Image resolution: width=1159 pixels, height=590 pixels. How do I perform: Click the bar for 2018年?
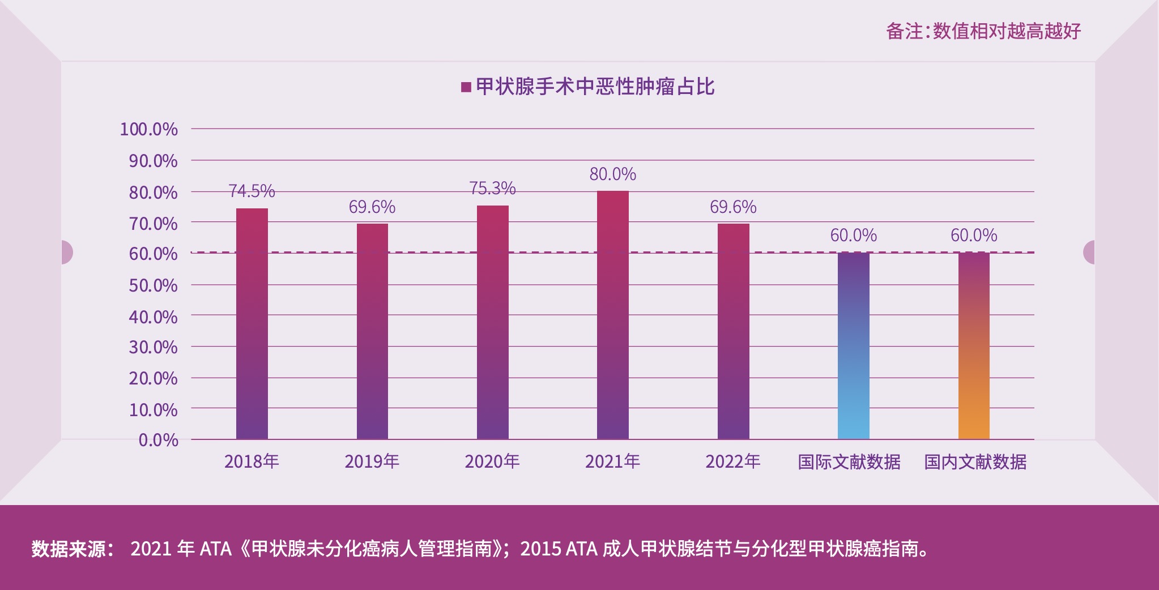pyautogui.click(x=252, y=323)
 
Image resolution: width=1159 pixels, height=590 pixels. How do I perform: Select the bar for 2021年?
pyautogui.click(x=613, y=315)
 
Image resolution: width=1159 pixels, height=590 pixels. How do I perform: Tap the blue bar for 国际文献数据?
pyautogui.click(x=854, y=345)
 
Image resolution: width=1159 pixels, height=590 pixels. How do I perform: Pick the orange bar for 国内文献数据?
pyautogui.click(x=974, y=345)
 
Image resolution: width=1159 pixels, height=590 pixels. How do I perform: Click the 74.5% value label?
pyautogui.click(x=252, y=191)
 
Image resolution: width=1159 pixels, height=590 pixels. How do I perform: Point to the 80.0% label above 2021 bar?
pyautogui.click(x=613, y=174)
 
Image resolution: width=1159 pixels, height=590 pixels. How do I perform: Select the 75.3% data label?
pyautogui.click(x=492, y=188)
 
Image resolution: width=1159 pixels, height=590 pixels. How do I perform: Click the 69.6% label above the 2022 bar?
pyautogui.click(x=733, y=207)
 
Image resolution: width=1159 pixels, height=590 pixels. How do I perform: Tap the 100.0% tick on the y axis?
pyautogui.click(x=148, y=129)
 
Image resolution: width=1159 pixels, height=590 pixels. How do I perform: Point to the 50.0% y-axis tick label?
pyautogui.click(x=153, y=285)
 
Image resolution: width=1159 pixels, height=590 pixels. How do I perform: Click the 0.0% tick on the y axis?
pyautogui.click(x=158, y=440)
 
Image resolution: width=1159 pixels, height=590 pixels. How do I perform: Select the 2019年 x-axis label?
pyautogui.click(x=372, y=461)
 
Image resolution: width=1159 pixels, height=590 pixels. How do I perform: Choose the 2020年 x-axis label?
pyautogui.click(x=492, y=461)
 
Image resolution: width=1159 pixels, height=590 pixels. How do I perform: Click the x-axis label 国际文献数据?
pyautogui.click(x=849, y=462)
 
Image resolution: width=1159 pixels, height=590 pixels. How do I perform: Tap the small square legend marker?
pyautogui.click(x=466, y=87)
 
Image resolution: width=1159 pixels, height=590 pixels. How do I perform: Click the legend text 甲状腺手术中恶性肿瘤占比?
pyautogui.click(x=595, y=87)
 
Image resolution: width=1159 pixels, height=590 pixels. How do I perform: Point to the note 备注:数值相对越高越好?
pyautogui.click(x=983, y=31)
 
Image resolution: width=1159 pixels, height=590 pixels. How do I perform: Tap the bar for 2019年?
pyautogui.click(x=372, y=331)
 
